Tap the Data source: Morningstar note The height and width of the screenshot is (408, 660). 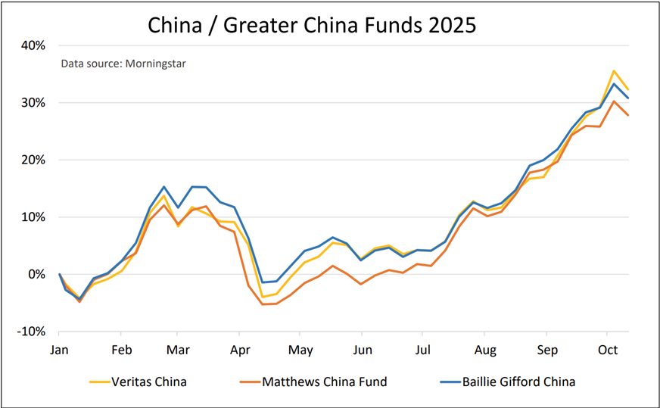click(123, 64)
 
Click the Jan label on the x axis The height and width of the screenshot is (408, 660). click(60, 350)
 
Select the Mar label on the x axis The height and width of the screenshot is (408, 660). click(177, 350)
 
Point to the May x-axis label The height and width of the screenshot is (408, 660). click(301, 350)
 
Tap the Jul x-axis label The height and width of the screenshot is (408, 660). click(424, 350)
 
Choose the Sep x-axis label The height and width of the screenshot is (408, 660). click(547, 350)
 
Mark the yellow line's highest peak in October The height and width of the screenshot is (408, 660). click(613, 70)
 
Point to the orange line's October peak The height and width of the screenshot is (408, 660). click(613, 101)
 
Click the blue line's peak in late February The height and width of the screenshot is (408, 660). click(163, 186)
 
